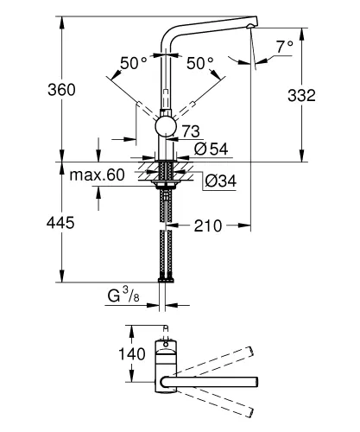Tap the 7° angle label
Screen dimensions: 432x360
click(286, 45)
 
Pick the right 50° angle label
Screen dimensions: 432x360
click(200, 64)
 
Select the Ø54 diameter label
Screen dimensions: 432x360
click(213, 149)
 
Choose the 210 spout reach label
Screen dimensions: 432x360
click(207, 226)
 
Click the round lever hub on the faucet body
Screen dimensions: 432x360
click(164, 129)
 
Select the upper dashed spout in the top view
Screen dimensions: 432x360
click(216, 360)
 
